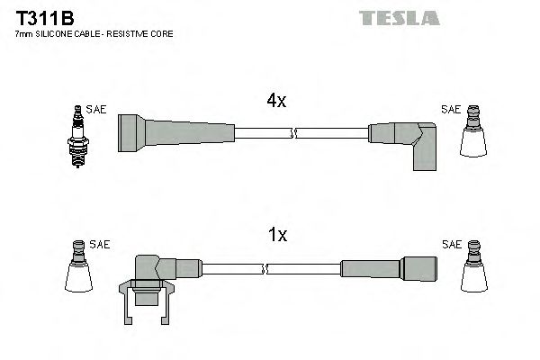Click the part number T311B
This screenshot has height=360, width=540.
coord(41,17)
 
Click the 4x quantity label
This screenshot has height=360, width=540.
coord(276,102)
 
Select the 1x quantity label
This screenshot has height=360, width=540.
coord(277,236)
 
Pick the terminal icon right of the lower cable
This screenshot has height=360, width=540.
coord(474,267)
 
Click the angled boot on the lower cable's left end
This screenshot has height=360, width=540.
coord(157,274)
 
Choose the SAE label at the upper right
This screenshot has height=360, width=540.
coord(451,110)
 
